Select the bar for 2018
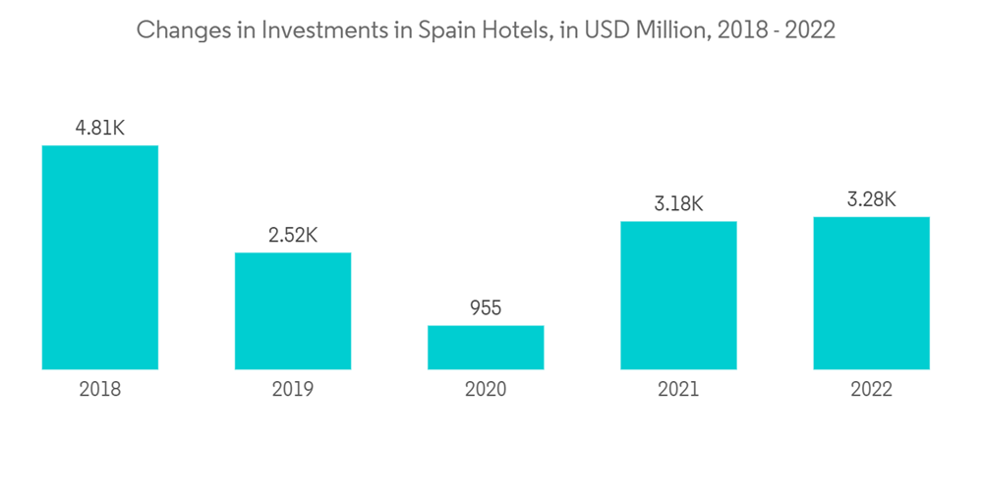99,257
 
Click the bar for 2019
292,310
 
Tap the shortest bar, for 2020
485,348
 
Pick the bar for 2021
678,295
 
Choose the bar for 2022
871,293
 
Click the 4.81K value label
99,128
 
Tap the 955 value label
485,308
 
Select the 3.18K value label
678,203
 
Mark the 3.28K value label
871,199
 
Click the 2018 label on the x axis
99,390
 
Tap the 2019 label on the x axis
292,390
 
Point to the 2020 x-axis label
485,390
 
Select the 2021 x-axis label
678,390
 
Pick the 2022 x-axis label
871,390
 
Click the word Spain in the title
447,30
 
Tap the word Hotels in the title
514,29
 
